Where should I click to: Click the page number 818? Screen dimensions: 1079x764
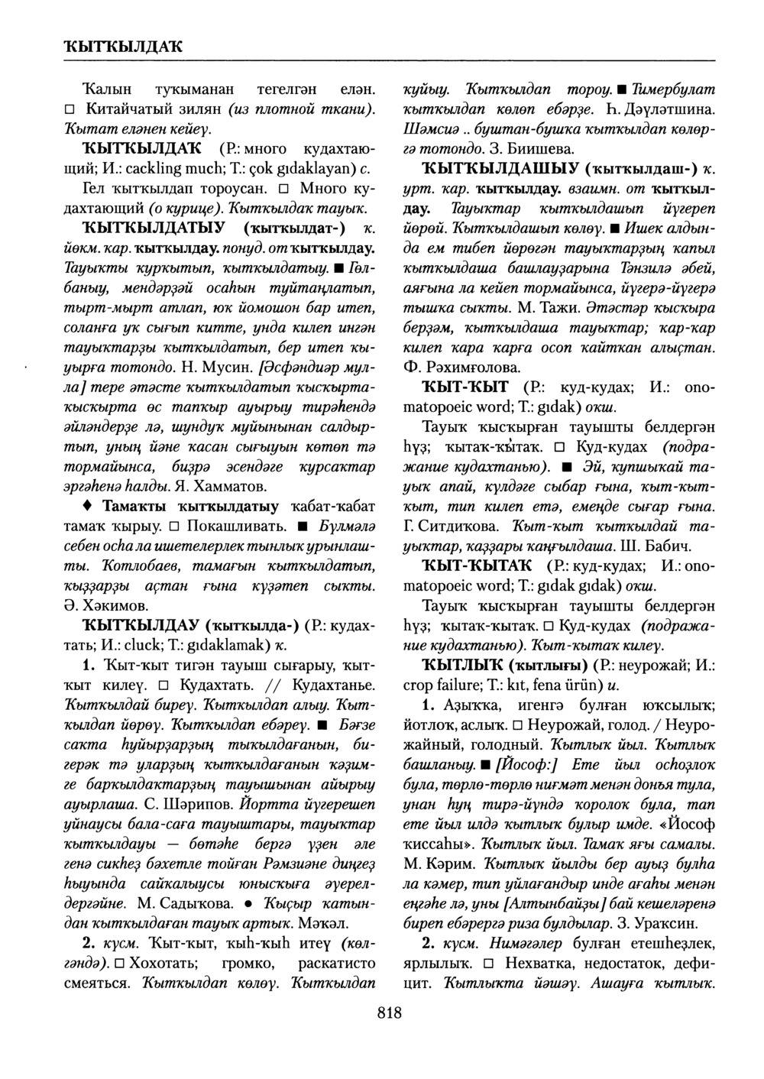tap(389, 1013)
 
